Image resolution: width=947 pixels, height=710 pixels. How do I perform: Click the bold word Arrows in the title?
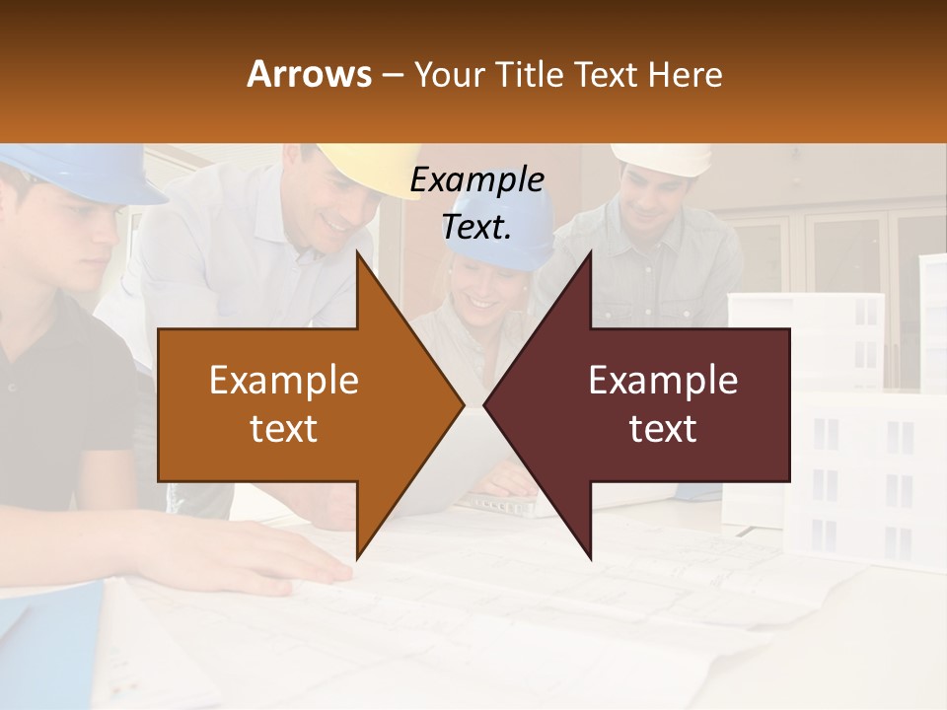[310, 74]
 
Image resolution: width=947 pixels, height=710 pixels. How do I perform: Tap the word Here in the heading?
[685, 74]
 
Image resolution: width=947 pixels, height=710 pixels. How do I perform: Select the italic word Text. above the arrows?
[476, 227]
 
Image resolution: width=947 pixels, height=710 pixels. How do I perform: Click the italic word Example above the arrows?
[476, 180]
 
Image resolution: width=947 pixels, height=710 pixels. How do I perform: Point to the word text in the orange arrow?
[283, 428]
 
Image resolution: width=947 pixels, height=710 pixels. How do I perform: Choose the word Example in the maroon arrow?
[663, 381]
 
